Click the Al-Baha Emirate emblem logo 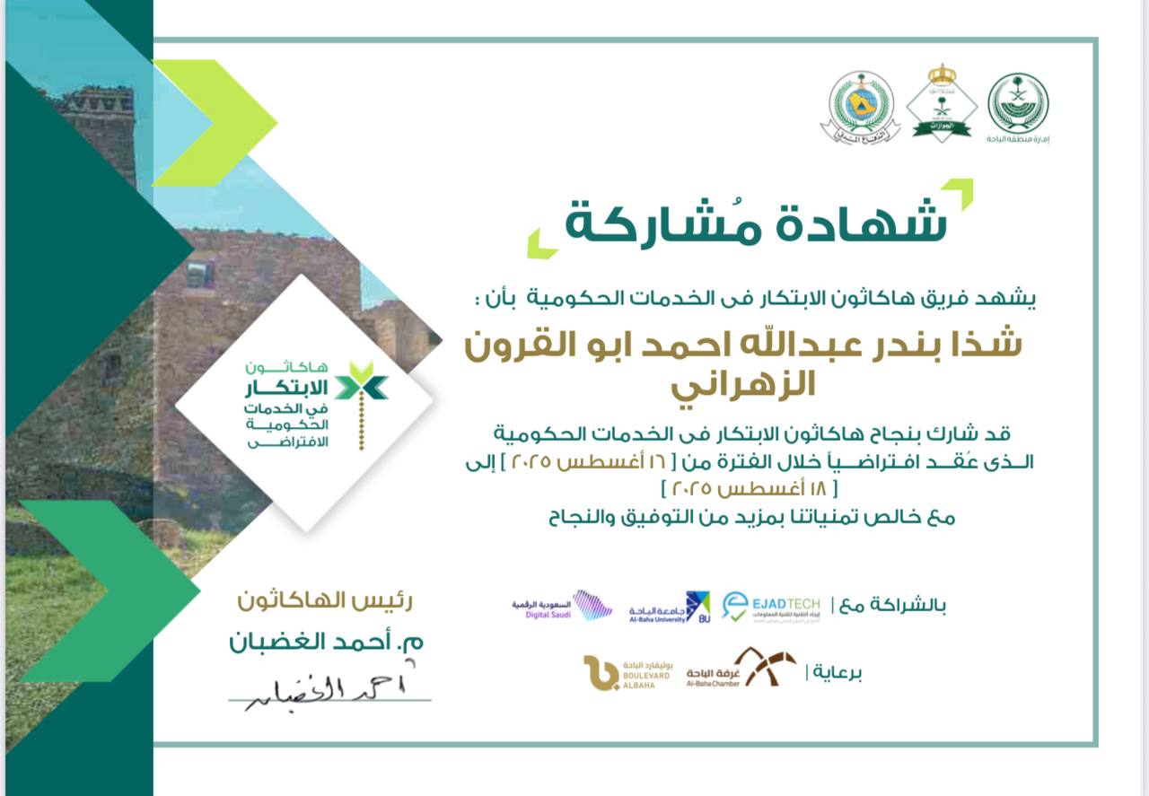pyautogui.click(x=1018, y=104)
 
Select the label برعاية pyautogui.click(x=837, y=672)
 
